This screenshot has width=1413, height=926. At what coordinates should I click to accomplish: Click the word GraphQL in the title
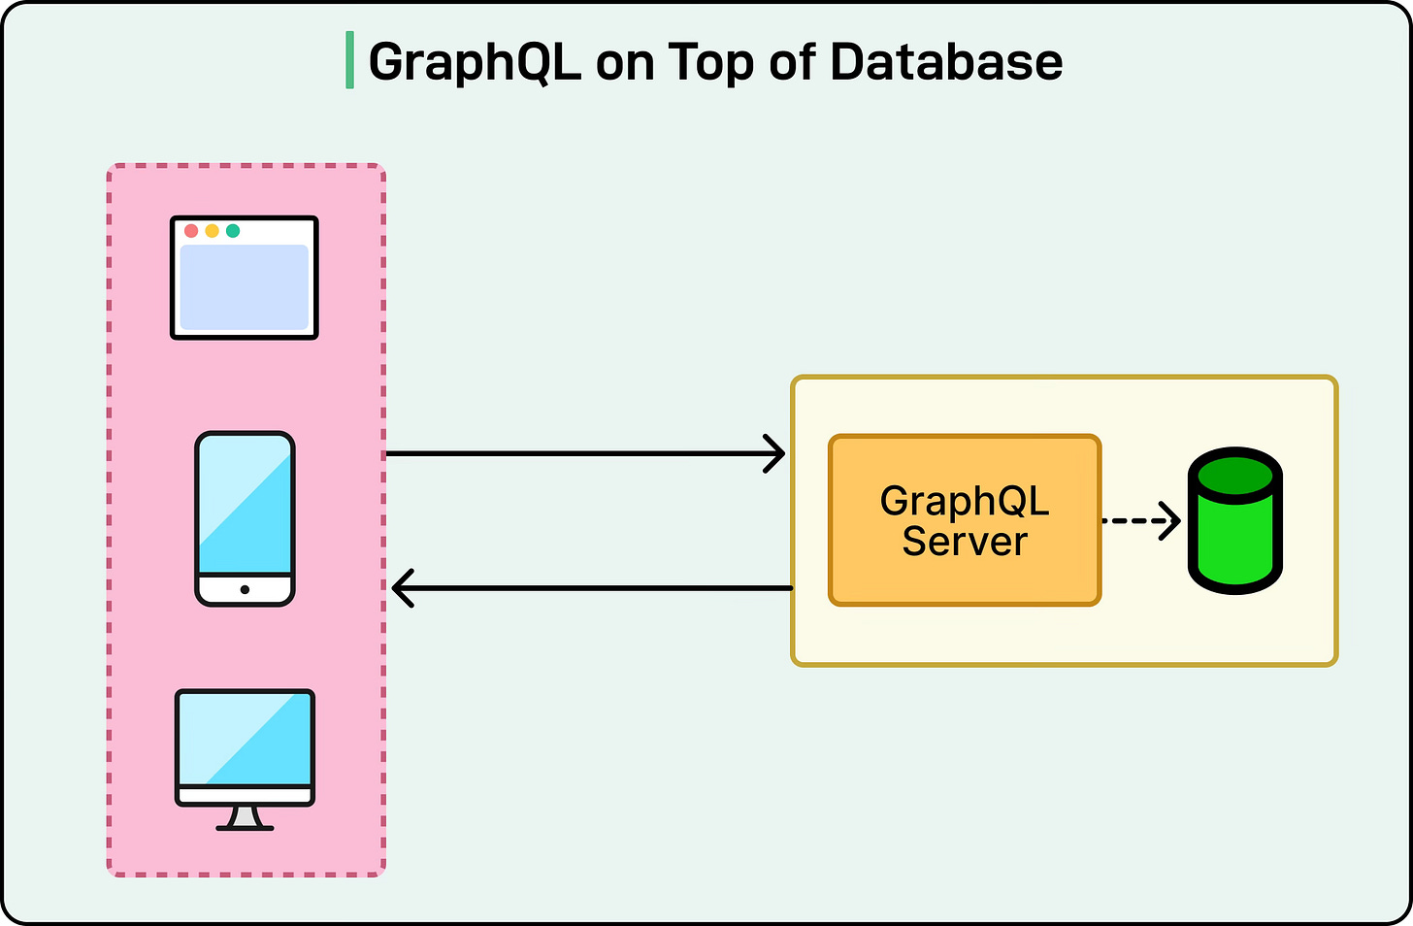(x=475, y=62)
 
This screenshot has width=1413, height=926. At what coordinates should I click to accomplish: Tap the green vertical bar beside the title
(x=349, y=60)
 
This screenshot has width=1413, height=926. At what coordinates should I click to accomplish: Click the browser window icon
(x=245, y=278)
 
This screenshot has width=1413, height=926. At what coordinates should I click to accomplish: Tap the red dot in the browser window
(x=191, y=231)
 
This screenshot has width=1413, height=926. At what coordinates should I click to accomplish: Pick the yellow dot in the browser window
(x=212, y=231)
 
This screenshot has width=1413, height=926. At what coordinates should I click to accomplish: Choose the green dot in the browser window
(x=233, y=231)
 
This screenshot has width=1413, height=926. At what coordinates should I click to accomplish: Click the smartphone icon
(x=245, y=518)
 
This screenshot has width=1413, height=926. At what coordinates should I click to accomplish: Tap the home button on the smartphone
(x=245, y=589)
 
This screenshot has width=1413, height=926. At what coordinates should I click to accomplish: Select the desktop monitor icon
(x=245, y=747)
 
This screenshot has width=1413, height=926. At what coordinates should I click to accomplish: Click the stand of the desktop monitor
(x=245, y=818)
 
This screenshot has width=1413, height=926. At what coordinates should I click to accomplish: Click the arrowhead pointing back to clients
(x=402, y=588)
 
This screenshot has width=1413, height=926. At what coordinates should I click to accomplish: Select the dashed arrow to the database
(x=1141, y=521)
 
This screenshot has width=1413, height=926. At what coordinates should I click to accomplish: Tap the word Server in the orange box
(x=964, y=542)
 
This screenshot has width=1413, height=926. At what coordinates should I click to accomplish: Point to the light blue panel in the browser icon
(x=245, y=287)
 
